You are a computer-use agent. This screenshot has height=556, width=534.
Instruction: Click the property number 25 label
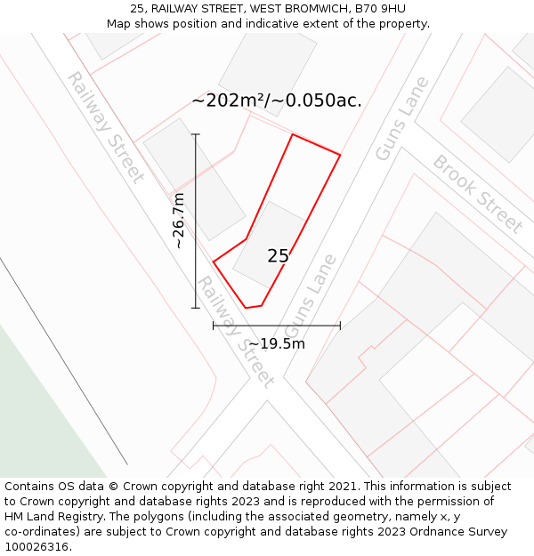point(278,256)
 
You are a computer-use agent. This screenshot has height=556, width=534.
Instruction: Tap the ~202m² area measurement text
point(229,101)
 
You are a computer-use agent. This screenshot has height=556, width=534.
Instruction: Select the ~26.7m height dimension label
point(179,221)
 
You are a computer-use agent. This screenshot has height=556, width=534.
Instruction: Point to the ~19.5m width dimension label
point(277,343)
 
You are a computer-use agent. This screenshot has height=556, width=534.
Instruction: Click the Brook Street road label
point(477,194)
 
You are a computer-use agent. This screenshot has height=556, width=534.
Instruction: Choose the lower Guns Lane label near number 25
point(311,296)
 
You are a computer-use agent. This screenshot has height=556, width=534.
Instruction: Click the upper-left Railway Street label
point(105,125)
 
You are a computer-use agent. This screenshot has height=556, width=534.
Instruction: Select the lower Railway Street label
point(234,331)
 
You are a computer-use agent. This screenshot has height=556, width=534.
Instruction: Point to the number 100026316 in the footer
point(37,547)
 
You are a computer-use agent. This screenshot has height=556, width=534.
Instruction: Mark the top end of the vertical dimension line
point(196,134)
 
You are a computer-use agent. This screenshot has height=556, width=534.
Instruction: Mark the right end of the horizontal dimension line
point(340,326)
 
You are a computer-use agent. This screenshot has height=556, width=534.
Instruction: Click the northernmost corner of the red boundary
point(293,134)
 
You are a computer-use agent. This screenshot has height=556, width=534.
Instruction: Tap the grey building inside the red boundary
point(268,240)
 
